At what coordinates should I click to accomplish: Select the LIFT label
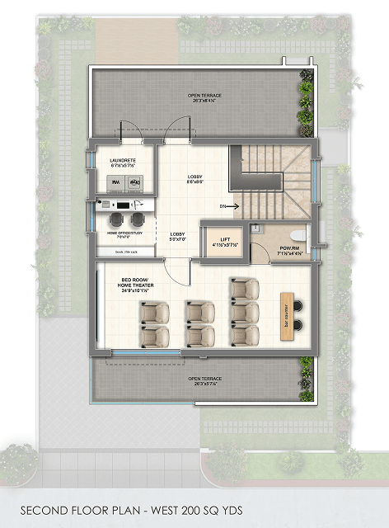pyautogui.click(x=224, y=238)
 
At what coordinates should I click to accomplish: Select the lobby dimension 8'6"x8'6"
pyautogui.click(x=195, y=182)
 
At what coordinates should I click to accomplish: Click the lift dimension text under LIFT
pyautogui.click(x=224, y=246)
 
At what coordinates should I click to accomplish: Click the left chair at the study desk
pyautogui.click(x=116, y=219)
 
